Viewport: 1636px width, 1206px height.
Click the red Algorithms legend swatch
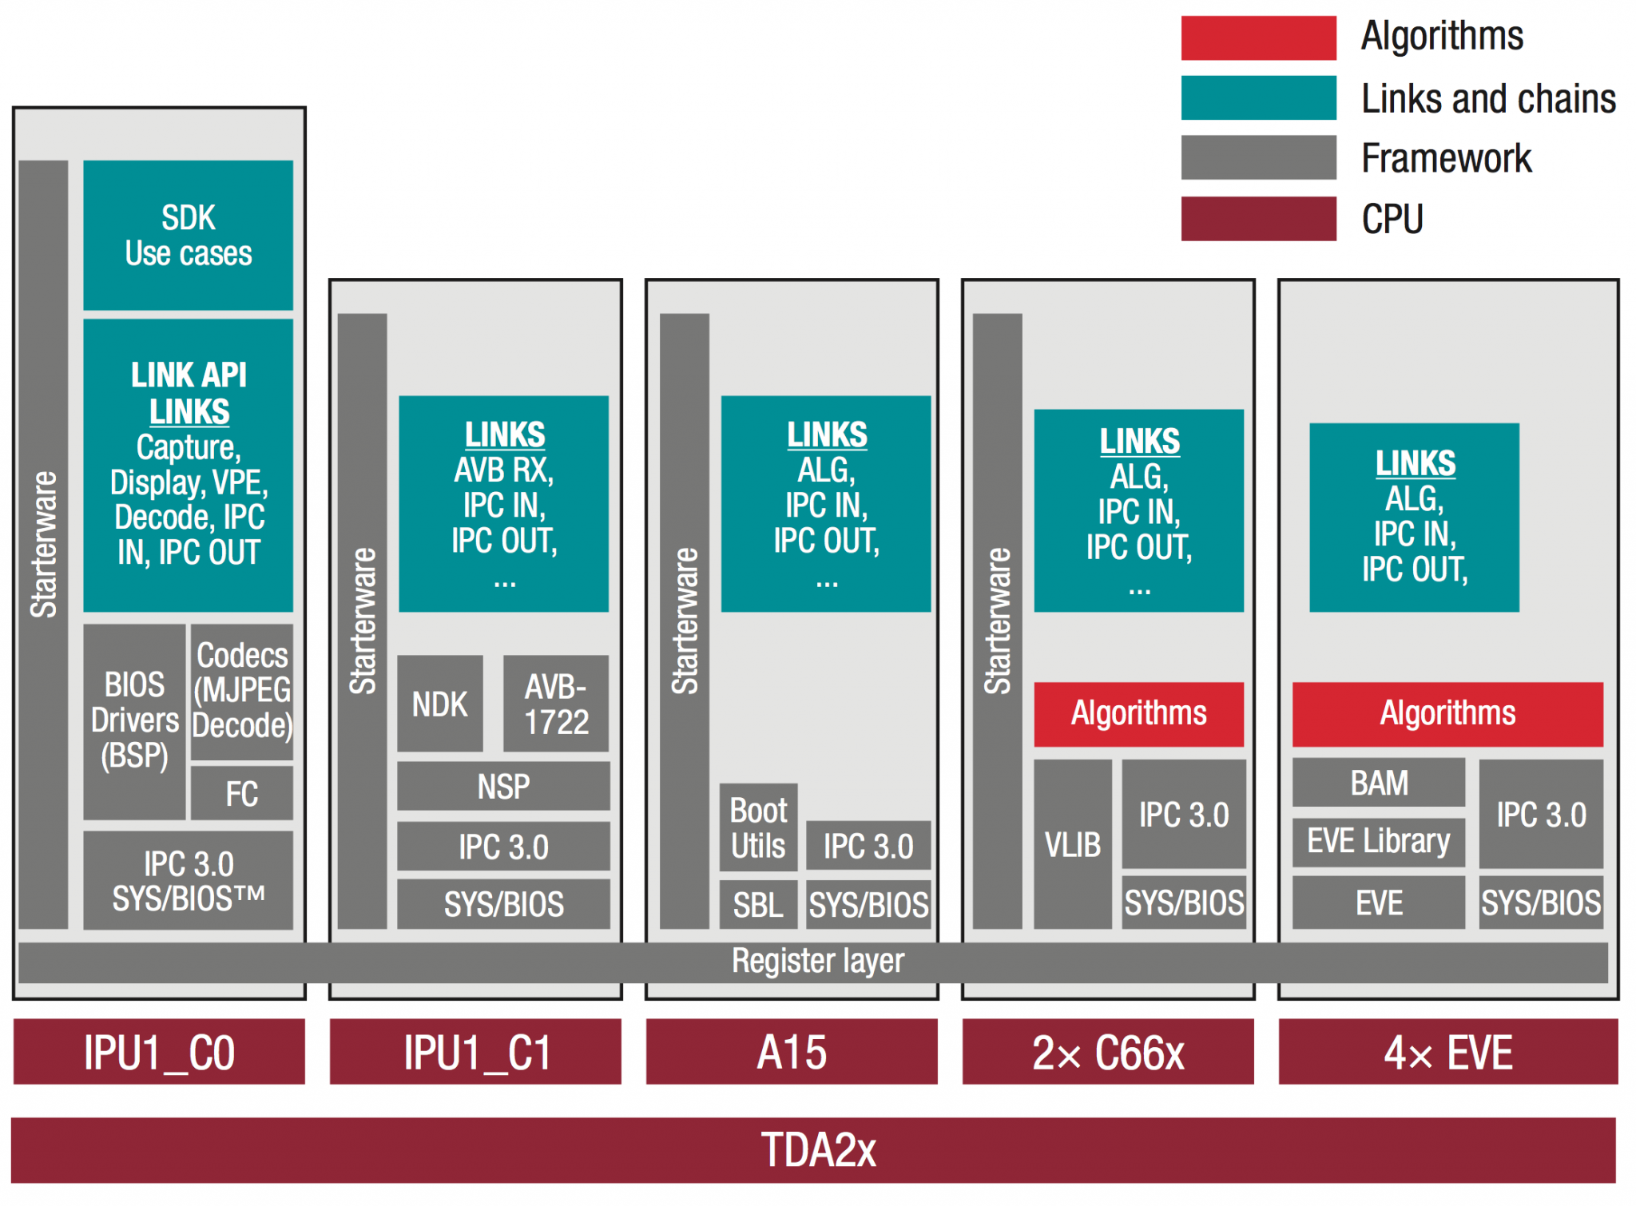[x=1258, y=38]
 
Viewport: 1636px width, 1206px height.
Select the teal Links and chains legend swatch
[x=1258, y=97]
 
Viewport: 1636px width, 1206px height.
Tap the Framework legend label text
[x=1446, y=158]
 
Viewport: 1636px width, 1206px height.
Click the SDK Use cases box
[x=188, y=235]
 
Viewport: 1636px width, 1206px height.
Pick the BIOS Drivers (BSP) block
[x=134, y=720]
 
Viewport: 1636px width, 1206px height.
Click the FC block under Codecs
[x=241, y=794]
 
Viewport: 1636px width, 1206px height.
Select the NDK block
[x=439, y=704]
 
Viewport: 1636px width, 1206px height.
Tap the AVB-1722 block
[x=556, y=704]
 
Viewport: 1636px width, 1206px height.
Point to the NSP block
[x=503, y=787]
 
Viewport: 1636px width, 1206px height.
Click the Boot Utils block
[x=758, y=827]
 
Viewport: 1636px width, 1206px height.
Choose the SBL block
[x=758, y=905]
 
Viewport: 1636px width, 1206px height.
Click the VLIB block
[x=1072, y=844]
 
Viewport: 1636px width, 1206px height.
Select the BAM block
[x=1379, y=783]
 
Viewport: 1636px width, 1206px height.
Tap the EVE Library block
[x=1379, y=842]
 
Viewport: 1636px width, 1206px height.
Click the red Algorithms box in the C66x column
[x=1138, y=713]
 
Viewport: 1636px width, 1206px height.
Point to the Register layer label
[x=817, y=962]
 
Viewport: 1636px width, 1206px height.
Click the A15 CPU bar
[x=791, y=1052]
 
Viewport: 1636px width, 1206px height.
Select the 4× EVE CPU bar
[x=1447, y=1052]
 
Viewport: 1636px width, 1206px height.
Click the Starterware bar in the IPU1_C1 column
[x=362, y=621]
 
